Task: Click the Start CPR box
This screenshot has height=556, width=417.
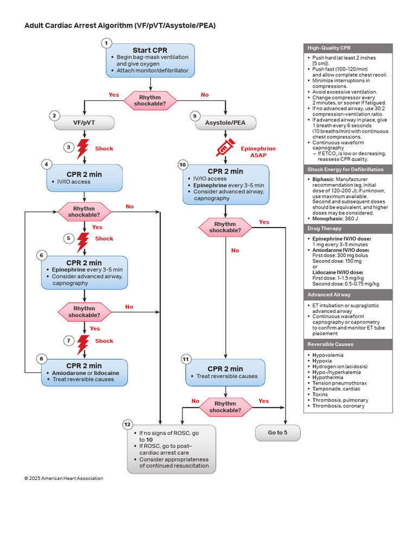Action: (150, 61)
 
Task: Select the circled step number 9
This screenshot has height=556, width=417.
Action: (195, 116)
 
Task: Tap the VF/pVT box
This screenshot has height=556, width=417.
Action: (84, 123)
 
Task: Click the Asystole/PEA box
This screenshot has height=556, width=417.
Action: (225, 123)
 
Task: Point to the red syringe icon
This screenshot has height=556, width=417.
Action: (225, 147)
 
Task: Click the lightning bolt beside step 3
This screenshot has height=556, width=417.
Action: (83, 149)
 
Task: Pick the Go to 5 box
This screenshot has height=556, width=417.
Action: (277, 433)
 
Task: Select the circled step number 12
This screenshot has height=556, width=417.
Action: (127, 425)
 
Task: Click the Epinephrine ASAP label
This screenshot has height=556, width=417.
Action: (258, 152)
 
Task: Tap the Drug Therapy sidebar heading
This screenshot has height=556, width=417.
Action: (325, 229)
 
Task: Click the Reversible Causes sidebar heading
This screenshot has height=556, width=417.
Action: (331, 344)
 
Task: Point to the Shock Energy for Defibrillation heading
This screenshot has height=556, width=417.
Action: (345, 169)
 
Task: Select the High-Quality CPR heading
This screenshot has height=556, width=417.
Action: (329, 48)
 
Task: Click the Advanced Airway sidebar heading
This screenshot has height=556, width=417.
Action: (329, 295)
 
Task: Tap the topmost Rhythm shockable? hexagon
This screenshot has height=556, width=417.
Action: (150, 100)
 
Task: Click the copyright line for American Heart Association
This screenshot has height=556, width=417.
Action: (64, 478)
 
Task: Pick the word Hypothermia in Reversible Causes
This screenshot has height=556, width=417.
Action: (327, 378)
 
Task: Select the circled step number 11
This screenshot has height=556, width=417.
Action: (186, 359)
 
